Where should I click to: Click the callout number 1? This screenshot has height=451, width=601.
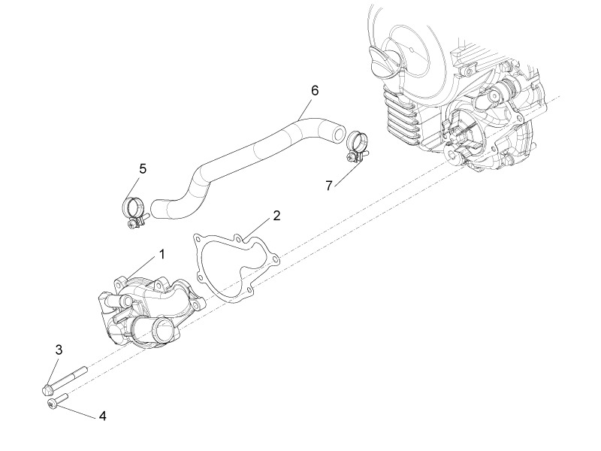tap(160, 255)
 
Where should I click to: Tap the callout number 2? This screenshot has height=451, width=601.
tap(276, 216)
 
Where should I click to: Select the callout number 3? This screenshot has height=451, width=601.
tap(59, 350)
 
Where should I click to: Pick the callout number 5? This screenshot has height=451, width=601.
tap(143, 168)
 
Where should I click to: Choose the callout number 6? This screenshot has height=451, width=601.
tap(315, 90)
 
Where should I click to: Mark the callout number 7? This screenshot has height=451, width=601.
tap(328, 185)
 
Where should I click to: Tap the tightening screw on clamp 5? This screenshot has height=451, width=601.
tap(134, 223)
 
